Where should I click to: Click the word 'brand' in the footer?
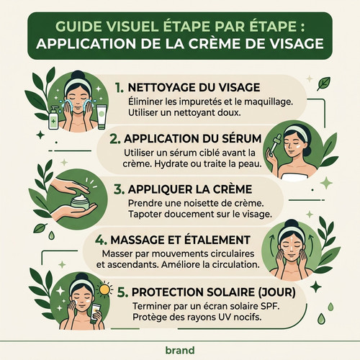coord(180,350)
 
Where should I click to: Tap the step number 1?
coord(120,88)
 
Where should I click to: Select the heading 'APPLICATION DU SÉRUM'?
coord(192,138)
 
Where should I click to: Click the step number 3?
coord(119,189)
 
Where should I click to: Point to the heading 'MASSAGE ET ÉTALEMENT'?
coord(180,240)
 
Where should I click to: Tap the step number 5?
coord(122,292)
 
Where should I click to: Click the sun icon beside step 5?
coord(104,289)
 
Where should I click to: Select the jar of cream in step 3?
coord(80,202)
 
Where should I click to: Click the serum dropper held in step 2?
coord(274,144)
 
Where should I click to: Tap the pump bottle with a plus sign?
coord(53,117)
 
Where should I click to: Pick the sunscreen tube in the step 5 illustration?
coord(96,313)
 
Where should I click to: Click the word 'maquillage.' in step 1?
coord(269,102)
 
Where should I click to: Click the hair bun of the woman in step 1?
coord(78,75)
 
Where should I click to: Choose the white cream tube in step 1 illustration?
coord(102,117)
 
